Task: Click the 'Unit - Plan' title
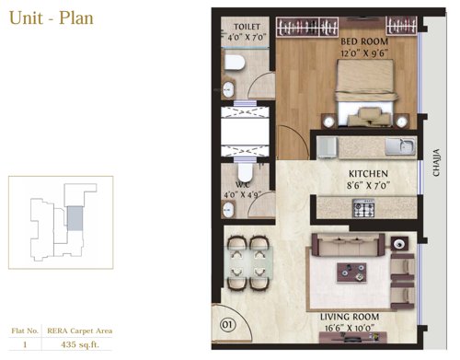click(x=51, y=17)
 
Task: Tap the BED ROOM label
click(x=363, y=42)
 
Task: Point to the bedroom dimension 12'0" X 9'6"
click(x=363, y=53)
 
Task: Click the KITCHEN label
click(x=367, y=173)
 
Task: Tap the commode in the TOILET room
click(x=235, y=63)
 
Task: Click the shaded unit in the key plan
click(x=75, y=218)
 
